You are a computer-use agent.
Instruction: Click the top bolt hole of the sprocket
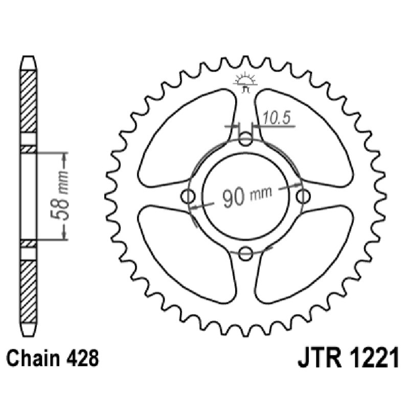[246, 139]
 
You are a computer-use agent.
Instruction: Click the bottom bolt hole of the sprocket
[246, 253]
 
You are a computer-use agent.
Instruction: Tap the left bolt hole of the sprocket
[189, 196]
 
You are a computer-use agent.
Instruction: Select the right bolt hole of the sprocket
[303, 196]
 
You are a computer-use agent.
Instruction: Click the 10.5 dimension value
[277, 118]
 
